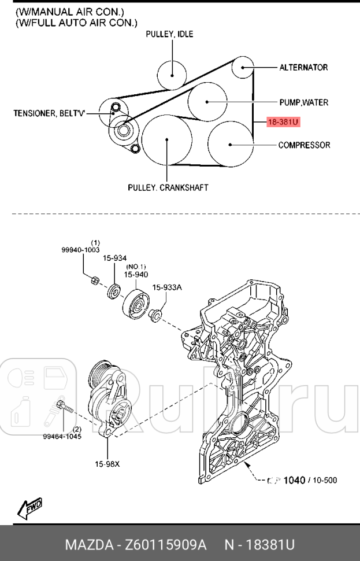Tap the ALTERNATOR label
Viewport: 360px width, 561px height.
303,68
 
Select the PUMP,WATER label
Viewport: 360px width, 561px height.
303,102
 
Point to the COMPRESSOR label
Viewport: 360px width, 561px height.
304,145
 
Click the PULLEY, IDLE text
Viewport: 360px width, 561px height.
169,35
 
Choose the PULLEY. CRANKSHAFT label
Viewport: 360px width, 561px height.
168,187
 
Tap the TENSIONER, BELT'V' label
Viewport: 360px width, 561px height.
49,114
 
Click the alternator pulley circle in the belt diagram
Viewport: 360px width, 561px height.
243,68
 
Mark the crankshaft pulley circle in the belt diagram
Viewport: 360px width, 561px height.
167,140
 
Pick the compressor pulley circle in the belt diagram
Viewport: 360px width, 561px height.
230,144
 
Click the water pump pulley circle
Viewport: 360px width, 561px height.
206,102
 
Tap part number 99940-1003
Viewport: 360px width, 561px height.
80,250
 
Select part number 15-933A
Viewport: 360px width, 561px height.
167,287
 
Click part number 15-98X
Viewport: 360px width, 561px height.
108,463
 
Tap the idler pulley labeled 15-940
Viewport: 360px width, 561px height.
135,303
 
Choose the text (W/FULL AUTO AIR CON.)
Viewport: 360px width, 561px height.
76,23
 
